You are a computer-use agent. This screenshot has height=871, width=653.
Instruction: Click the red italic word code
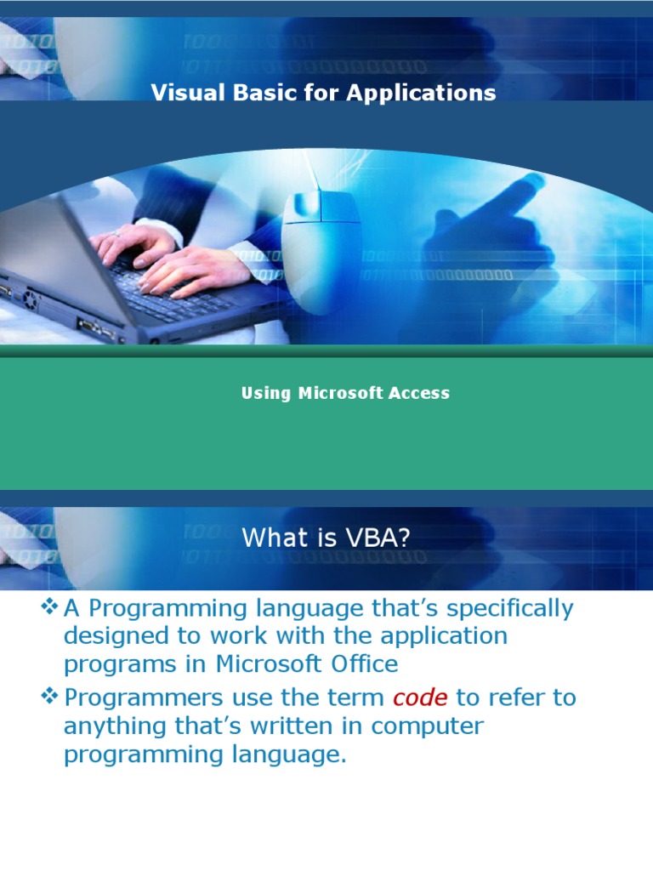tap(420, 698)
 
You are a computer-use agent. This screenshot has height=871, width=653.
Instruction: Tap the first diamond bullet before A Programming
tap(50, 607)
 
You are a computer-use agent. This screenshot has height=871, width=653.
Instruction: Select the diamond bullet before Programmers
tap(50, 697)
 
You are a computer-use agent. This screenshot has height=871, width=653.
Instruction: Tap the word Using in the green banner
tap(266, 393)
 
